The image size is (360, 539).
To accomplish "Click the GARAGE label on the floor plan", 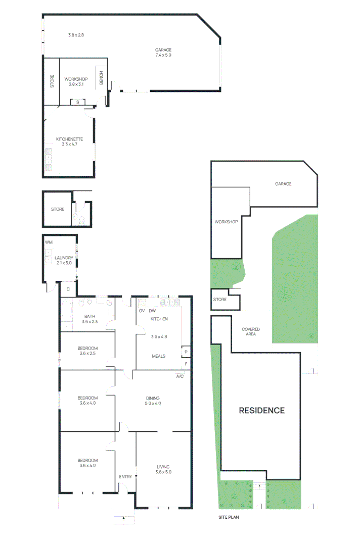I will [163, 50].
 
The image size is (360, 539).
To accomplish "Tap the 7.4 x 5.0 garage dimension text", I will [163, 55].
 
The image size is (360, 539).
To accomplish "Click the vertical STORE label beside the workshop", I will [52, 81].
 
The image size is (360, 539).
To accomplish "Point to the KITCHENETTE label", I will [69, 139].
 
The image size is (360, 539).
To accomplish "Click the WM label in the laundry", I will [49, 243].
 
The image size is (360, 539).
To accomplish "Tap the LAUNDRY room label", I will [64, 258].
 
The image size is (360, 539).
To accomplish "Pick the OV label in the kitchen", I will [142, 311].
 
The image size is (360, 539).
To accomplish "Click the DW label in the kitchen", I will [152, 311].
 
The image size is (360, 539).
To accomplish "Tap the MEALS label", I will [159, 356].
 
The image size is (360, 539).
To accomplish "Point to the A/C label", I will [179, 376].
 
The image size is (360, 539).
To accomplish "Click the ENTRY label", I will [125, 477].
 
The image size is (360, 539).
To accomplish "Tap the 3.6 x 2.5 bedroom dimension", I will [87, 354].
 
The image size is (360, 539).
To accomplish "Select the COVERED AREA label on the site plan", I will [251, 331].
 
